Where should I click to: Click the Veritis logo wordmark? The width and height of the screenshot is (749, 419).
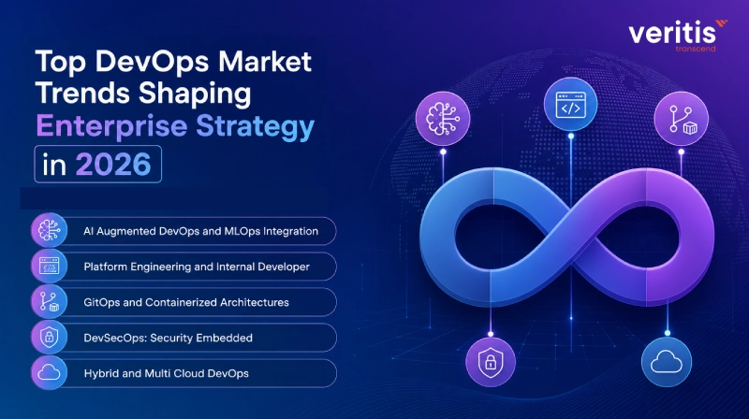pos(672,33)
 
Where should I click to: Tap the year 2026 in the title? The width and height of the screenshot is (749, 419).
pos(113,165)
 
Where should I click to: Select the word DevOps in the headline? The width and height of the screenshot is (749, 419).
pos(152,63)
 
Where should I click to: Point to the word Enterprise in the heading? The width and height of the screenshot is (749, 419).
pos(111,126)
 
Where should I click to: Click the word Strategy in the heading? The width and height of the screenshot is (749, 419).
pos(255,126)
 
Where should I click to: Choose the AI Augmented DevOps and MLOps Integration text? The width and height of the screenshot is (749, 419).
pos(200,231)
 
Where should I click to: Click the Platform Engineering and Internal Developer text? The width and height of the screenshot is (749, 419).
pos(197,267)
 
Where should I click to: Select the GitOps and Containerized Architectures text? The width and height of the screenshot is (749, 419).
pos(186,302)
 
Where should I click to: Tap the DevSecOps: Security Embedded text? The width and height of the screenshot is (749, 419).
pos(169,338)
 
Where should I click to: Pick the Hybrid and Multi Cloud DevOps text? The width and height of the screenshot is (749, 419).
pos(167,374)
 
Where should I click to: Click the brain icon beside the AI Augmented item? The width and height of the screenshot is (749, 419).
pos(50,230)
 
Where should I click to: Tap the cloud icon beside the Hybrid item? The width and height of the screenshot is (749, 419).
pos(50,373)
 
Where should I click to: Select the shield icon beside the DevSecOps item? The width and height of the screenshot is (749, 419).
pos(50,338)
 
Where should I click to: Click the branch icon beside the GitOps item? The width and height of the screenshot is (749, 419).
pos(50,301)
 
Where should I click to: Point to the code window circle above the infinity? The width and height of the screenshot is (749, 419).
pos(570,104)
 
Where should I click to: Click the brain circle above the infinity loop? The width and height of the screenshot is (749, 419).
pos(443,119)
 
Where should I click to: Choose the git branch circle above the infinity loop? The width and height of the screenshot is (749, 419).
pos(682,119)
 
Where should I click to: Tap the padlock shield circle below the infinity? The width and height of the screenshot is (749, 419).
pos(491,362)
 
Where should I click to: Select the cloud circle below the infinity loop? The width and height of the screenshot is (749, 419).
pos(667,362)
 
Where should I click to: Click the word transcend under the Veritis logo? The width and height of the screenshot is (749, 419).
pos(696,49)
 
